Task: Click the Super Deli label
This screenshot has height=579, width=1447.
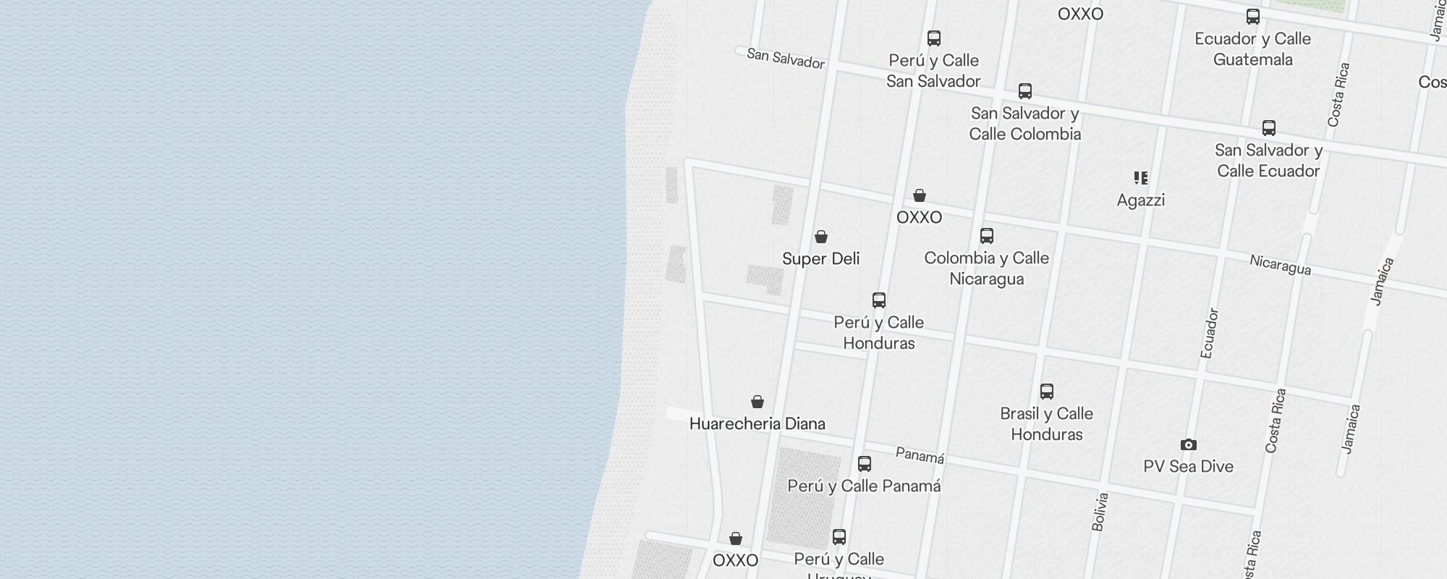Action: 820,258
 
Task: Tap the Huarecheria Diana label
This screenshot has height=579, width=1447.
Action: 757,423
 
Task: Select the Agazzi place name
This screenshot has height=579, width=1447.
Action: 1140,200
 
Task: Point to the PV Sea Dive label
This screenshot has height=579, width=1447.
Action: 1188,466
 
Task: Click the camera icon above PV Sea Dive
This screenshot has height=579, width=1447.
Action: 1188,444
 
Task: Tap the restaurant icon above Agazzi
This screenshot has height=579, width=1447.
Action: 1140,177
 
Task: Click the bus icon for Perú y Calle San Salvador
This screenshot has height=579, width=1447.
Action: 934,38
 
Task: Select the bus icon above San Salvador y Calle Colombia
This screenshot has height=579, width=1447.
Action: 1024,91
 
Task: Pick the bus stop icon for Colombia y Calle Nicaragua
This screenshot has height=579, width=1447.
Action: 986,236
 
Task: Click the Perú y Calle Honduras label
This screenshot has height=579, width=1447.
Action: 878,332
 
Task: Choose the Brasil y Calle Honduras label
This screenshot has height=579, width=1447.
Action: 1046,423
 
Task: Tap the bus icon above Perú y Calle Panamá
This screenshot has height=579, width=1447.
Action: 864,464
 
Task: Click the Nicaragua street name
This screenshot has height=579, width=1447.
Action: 1280,265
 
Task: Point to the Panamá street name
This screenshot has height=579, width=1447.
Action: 920,455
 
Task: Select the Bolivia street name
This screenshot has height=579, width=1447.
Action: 1100,512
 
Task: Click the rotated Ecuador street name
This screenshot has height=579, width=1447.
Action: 1209,333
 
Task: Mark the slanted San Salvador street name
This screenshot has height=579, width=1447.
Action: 785,59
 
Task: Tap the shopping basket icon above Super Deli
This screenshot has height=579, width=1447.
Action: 820,237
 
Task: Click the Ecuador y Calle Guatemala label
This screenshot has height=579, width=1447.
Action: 1252,48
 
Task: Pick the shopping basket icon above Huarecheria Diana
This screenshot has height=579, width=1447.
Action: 757,402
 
